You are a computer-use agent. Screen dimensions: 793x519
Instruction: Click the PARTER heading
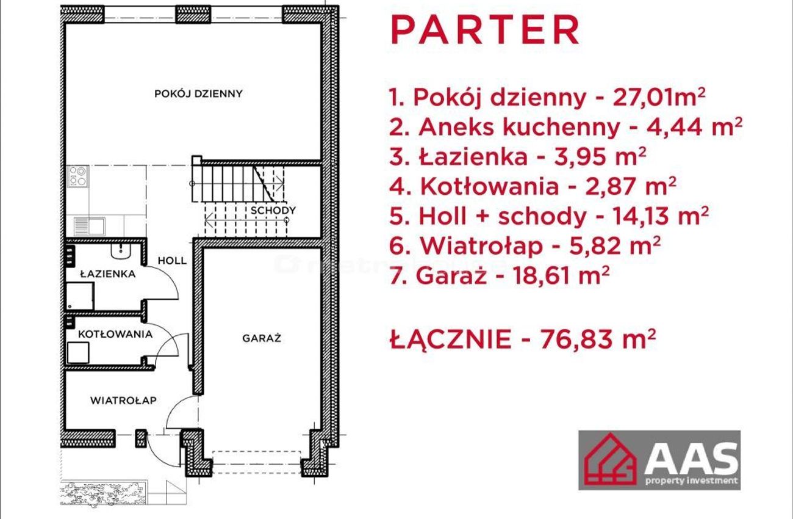pyautogui.click(x=485, y=30)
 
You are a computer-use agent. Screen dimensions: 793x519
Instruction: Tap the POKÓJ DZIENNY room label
pyautogui.click(x=198, y=93)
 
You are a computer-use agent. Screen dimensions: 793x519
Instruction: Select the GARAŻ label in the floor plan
pyautogui.click(x=262, y=338)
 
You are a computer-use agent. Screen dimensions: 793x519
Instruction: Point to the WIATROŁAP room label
pyautogui.click(x=123, y=401)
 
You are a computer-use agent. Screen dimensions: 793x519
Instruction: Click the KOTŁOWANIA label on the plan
pyautogui.click(x=115, y=334)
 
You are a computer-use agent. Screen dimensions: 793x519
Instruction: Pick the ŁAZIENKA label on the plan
pyautogui.click(x=107, y=274)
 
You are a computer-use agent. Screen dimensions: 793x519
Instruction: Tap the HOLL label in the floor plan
pyautogui.click(x=172, y=261)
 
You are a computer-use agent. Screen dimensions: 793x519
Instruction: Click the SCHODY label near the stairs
pyautogui.click(x=273, y=211)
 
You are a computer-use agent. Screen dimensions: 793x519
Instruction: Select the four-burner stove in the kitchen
pyautogui.click(x=77, y=176)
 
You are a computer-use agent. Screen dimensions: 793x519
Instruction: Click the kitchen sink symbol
pyautogui.click(x=89, y=227)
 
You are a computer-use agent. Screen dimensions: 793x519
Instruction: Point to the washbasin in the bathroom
pyautogui.click(x=121, y=251)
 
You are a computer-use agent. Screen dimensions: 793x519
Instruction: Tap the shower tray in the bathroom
pyautogui.click(x=80, y=296)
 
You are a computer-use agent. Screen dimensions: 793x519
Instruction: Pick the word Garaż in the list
pyautogui.click(x=451, y=276)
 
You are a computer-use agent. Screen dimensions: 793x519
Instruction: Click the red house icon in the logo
pyautogui.click(x=611, y=459)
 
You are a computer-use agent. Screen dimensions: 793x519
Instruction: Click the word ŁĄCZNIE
pyautogui.click(x=450, y=338)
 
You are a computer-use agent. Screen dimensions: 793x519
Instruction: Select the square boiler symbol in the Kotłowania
pyautogui.click(x=78, y=352)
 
